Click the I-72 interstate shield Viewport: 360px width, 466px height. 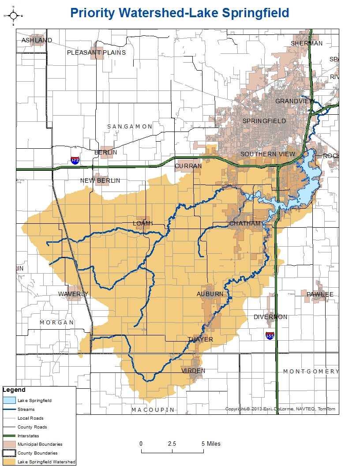click(x=75, y=160)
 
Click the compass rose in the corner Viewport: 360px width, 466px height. click(x=13, y=16)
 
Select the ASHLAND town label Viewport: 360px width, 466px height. click(x=37, y=40)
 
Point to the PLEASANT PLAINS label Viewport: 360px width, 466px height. click(x=96, y=53)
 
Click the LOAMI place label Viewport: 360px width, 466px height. click(x=143, y=223)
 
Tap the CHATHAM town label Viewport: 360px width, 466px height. click(x=245, y=223)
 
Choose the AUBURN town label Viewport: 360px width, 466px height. click(x=210, y=294)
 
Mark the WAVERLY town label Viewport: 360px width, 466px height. click(x=73, y=294)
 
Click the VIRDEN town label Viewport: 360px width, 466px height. click(x=193, y=371)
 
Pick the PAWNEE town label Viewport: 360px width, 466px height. click(x=320, y=294)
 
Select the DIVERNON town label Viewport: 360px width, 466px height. click(x=270, y=317)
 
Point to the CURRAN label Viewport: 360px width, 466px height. click(x=188, y=166)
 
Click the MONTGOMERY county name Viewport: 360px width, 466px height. click(x=311, y=371)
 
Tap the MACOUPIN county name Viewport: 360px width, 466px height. click(x=153, y=410)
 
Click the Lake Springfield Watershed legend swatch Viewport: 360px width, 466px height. click(x=9, y=462)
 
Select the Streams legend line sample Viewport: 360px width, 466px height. click(x=9, y=410)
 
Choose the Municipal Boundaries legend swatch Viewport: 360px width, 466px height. click(x=9, y=444)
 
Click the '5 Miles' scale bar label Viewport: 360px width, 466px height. click(x=211, y=443)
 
